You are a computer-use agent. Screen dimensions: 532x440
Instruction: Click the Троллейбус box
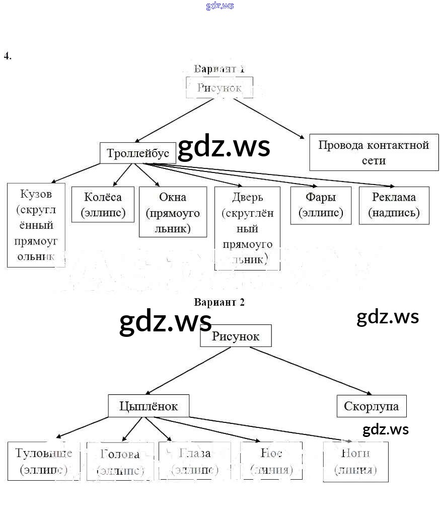pos(138,153)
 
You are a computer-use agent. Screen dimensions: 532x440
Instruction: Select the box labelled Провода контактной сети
pos(374,152)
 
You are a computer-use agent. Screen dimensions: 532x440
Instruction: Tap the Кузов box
pos(36,225)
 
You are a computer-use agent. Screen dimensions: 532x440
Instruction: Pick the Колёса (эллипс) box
pos(103,204)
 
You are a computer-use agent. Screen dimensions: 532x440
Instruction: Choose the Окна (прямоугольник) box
pos(173,212)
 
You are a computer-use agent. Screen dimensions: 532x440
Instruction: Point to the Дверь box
pos(247,228)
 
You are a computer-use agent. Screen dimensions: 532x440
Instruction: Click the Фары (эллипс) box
pos(321,205)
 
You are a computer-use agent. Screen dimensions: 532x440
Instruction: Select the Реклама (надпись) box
pos(394,205)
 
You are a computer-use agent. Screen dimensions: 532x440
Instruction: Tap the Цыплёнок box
pos(149,406)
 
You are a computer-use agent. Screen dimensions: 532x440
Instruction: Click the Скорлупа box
pos(371,406)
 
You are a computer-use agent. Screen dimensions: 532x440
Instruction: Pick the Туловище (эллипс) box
pos(44,461)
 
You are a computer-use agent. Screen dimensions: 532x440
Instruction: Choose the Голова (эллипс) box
pos(120,461)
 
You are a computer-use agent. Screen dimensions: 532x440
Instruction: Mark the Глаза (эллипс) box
pos(195,461)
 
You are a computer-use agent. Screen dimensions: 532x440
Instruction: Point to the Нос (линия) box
pos(271,461)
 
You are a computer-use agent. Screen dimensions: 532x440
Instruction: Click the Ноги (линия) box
pos(355,461)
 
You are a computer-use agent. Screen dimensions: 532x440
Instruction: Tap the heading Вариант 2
pos(219,302)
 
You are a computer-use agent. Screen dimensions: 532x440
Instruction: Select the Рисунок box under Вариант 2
pos(236,336)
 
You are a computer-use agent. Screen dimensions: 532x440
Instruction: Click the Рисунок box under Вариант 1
pos(219,87)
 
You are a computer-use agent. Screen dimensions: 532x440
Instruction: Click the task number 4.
pos(8,56)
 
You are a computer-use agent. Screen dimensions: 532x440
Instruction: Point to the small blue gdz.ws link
pos(220,6)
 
